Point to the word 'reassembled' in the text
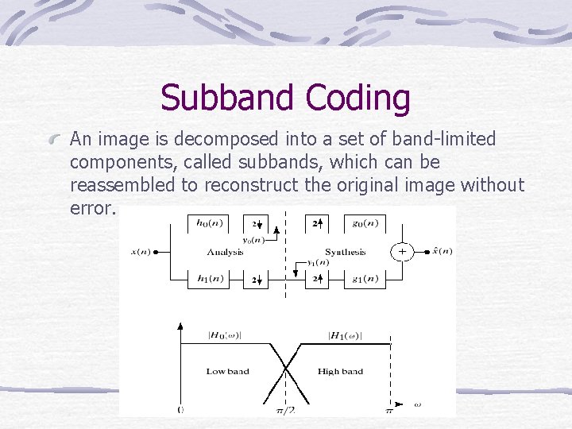click(121, 185)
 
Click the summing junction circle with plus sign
click(402, 252)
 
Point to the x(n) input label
click(140, 252)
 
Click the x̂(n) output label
click(439, 252)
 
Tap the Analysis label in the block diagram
click(225, 252)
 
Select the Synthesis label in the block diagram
click(345, 252)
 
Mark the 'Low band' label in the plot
click(227, 372)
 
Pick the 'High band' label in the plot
click(340, 372)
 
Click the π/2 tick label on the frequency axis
click(285, 410)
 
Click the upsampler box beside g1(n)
click(317, 280)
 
